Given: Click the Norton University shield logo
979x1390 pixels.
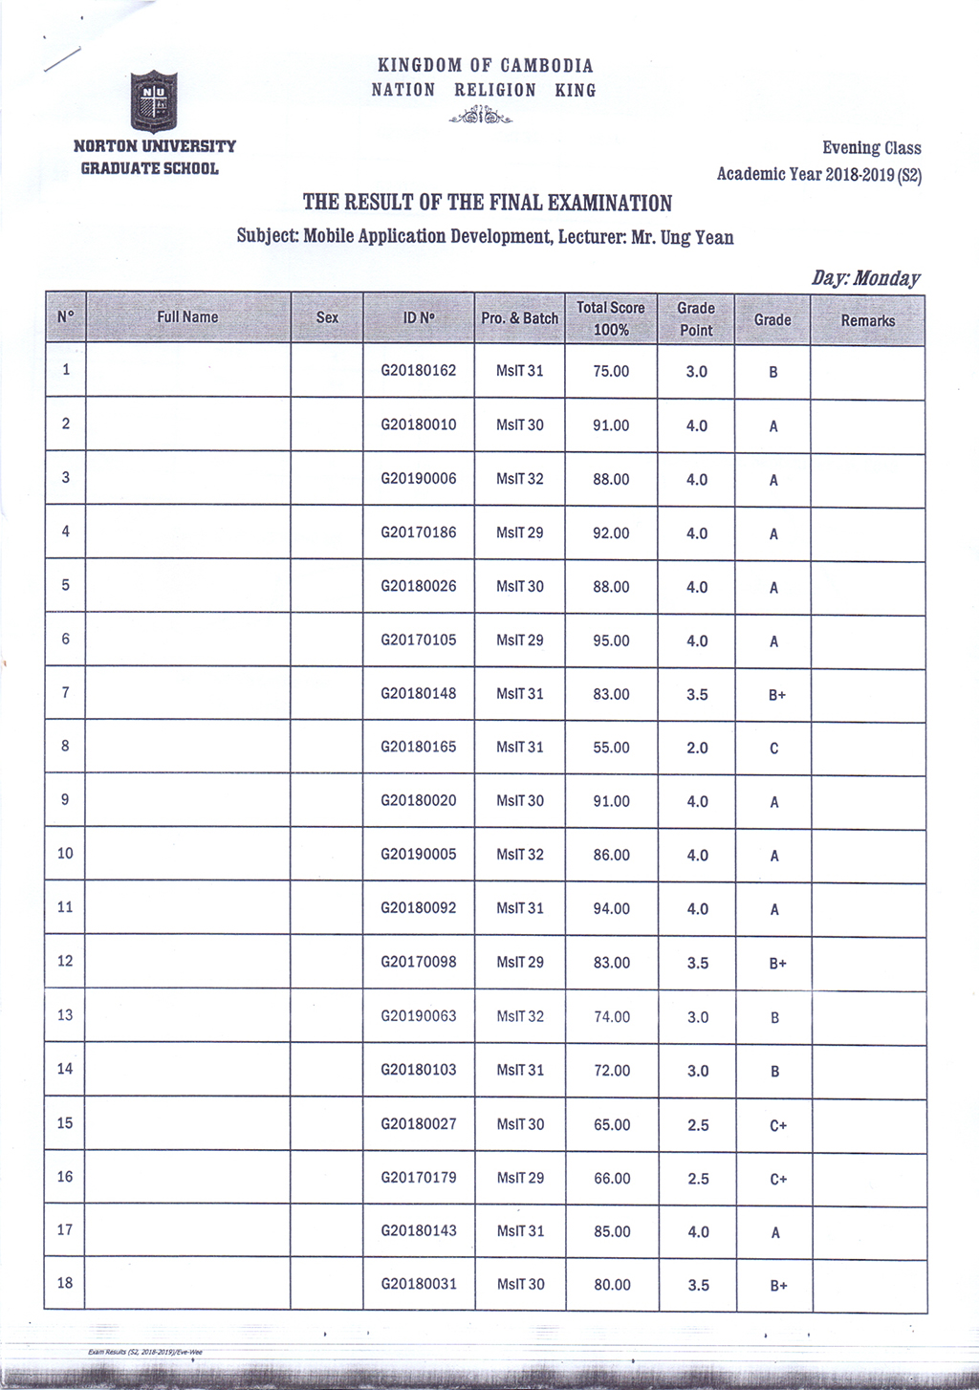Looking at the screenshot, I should pyautogui.click(x=153, y=101).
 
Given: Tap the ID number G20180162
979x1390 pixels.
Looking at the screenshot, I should pyautogui.click(x=419, y=370).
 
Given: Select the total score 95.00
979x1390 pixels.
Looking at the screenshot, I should pyautogui.click(x=611, y=641).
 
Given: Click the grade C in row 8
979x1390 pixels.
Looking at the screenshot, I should pyautogui.click(x=773, y=749).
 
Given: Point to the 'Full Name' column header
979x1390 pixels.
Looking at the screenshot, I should pyautogui.click(x=187, y=317).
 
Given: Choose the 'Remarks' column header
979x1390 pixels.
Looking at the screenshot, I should pyautogui.click(x=867, y=321).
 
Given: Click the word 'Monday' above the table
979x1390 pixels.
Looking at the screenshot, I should pyautogui.click(x=886, y=278).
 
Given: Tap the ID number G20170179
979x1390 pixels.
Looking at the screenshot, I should pyautogui.click(x=419, y=1178).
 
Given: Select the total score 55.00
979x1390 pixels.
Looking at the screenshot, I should pyautogui.click(x=611, y=748).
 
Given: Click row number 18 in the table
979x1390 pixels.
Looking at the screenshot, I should pyautogui.click(x=65, y=1283).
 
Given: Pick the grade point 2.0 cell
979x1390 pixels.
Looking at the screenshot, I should pyautogui.click(x=697, y=748).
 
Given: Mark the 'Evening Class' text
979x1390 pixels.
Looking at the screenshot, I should pyautogui.click(x=871, y=148).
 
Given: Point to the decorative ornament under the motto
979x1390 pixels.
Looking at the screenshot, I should pyautogui.click(x=481, y=118).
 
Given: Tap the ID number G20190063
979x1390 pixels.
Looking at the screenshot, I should pyautogui.click(x=419, y=1016).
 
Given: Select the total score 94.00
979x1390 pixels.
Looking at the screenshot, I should pyautogui.click(x=611, y=909).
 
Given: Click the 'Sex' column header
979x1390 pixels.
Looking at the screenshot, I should pyautogui.click(x=327, y=317).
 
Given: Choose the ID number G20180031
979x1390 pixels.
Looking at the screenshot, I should pyautogui.click(x=419, y=1284).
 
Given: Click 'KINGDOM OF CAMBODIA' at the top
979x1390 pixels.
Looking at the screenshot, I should pyautogui.click(x=485, y=66).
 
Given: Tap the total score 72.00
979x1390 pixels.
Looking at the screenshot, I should pyautogui.click(x=612, y=1071).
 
